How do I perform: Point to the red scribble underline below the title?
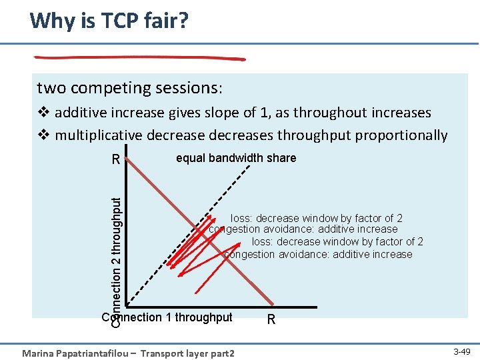(140, 58)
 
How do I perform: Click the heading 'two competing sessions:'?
(130, 88)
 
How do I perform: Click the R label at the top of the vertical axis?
(116, 160)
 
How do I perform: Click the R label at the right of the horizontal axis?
(271, 319)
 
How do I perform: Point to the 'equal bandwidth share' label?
(236, 158)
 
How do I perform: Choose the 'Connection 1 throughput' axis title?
(167, 317)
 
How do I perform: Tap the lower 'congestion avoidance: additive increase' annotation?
(318, 254)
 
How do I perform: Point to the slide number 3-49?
(461, 351)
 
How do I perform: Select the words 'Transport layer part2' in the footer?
(190, 353)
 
